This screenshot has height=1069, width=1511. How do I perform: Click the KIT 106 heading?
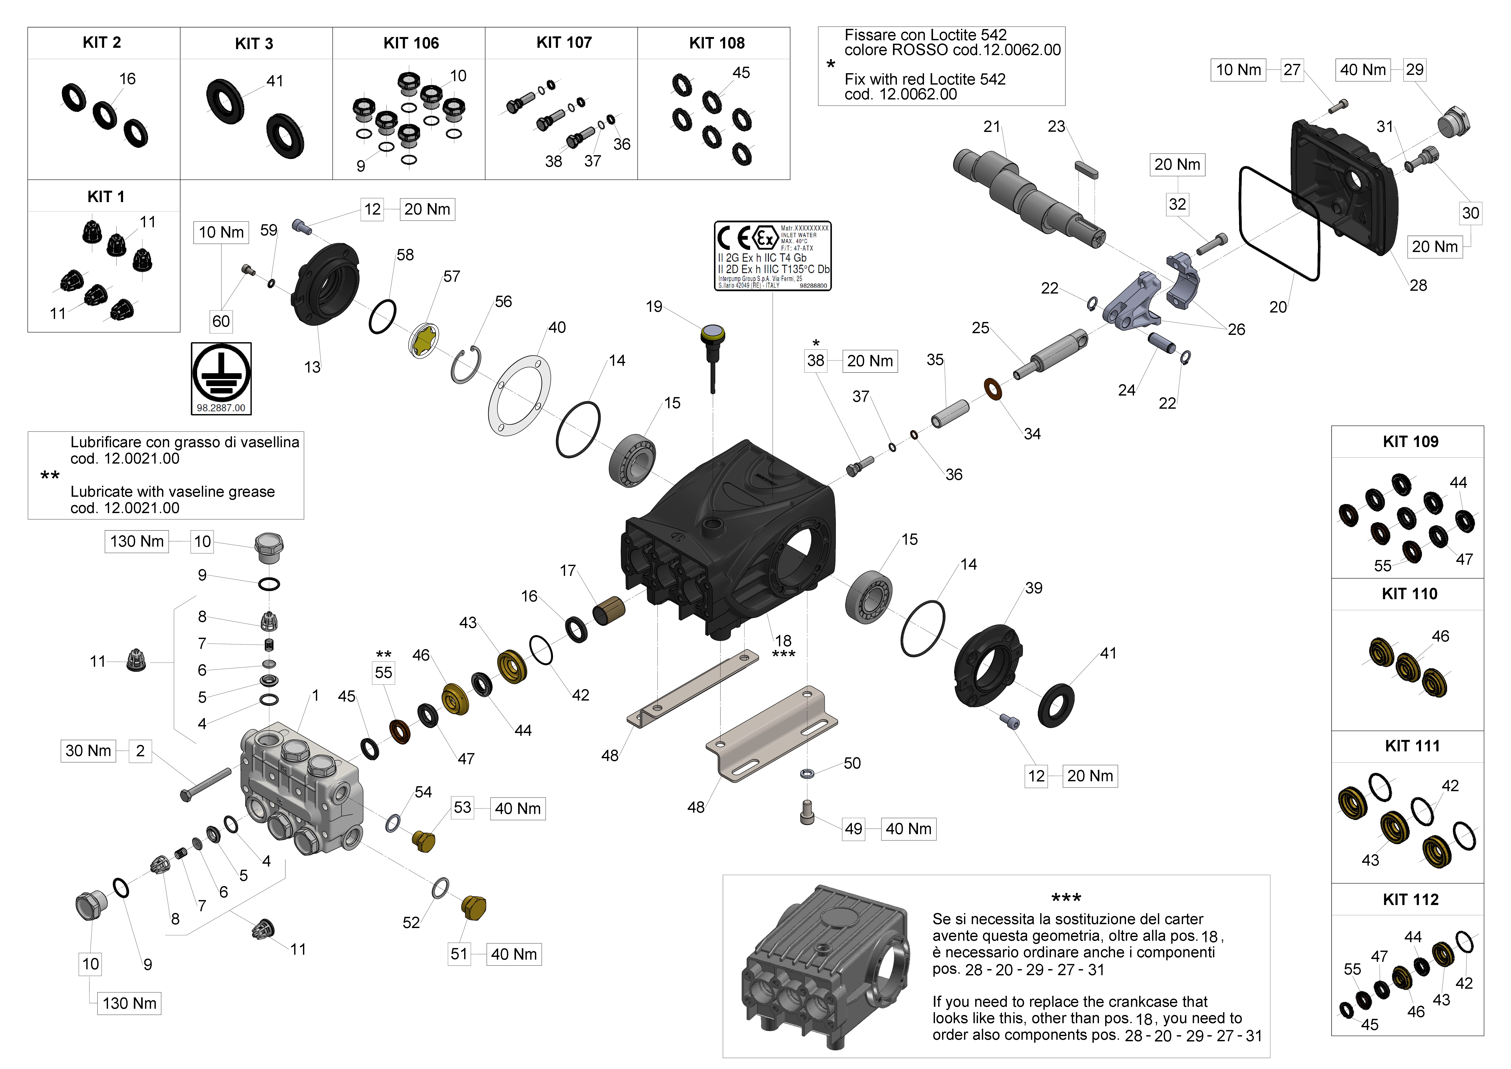click(411, 43)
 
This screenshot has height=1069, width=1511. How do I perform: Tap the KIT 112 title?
click(1410, 899)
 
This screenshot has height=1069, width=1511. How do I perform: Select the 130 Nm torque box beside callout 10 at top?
click(136, 541)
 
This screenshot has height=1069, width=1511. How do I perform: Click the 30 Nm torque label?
click(88, 750)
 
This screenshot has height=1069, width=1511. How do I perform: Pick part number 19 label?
click(654, 307)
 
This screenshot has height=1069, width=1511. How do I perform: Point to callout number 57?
click(451, 277)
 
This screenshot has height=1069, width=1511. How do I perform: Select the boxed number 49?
click(854, 829)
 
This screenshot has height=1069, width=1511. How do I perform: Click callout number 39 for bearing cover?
click(1033, 588)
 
